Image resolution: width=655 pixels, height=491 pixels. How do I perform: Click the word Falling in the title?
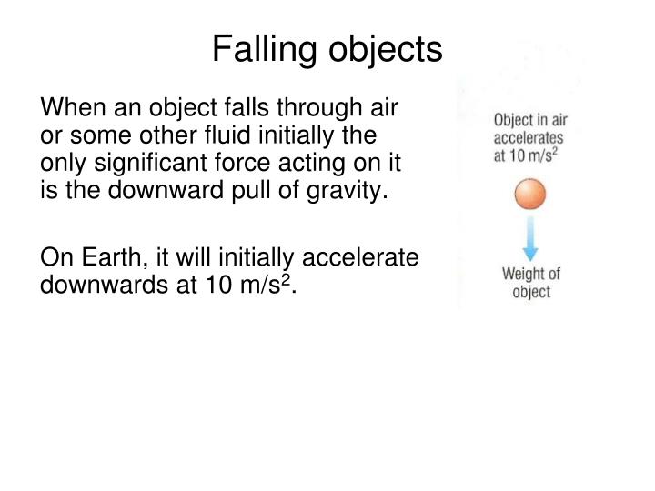[x=264, y=50]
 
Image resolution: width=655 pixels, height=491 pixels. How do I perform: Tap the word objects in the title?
[x=385, y=50]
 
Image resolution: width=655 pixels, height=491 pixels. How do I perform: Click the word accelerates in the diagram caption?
[x=528, y=138]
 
